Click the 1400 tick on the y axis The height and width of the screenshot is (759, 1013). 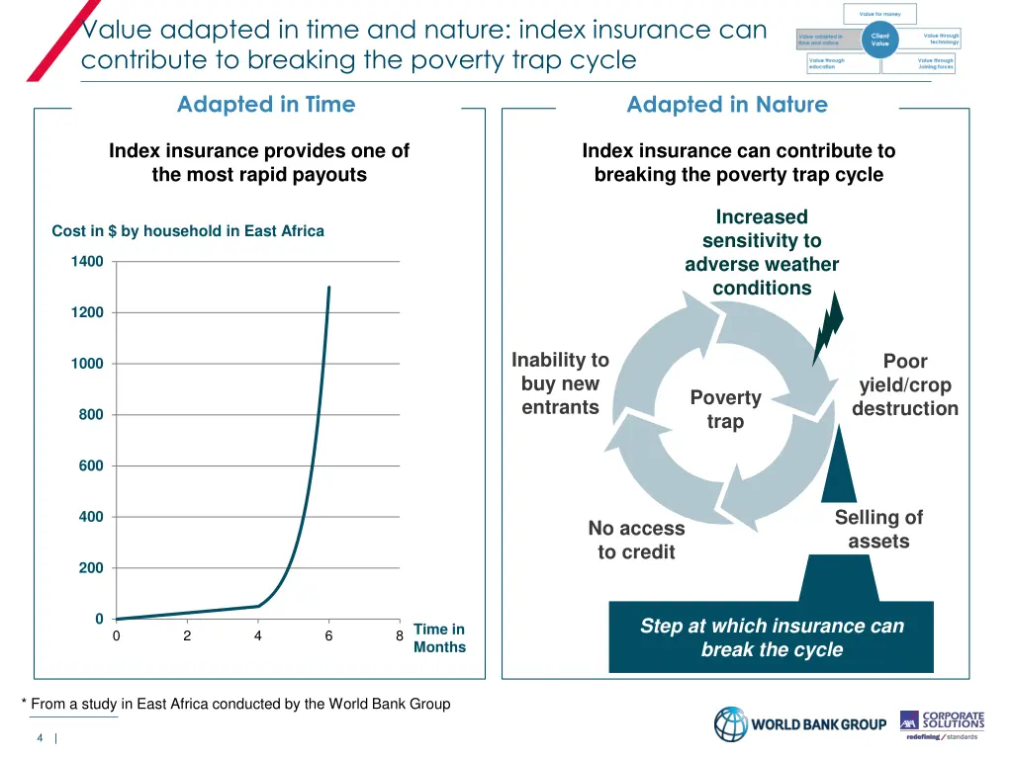[x=87, y=262]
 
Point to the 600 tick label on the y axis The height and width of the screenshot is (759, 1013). [x=91, y=465]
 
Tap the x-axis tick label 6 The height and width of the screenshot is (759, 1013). [x=328, y=636]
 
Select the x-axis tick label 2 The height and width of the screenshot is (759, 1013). [x=187, y=636]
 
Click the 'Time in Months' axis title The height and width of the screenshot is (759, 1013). [x=439, y=638]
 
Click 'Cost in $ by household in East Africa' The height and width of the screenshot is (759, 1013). [x=188, y=231]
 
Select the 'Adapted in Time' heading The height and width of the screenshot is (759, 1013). [x=266, y=105]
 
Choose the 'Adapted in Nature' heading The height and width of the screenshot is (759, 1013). [x=727, y=105]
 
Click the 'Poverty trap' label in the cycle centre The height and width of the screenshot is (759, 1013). [x=725, y=409]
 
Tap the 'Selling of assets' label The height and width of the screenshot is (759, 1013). [x=878, y=529]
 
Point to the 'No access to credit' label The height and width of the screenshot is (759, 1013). [x=636, y=540]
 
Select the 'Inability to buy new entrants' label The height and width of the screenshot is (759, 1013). [x=560, y=383]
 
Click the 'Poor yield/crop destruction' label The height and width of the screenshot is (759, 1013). [x=905, y=384]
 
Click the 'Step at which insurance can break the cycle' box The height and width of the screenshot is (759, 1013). [x=772, y=637]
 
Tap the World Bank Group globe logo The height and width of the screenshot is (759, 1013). [x=732, y=724]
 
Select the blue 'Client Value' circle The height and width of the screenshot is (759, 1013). [x=879, y=40]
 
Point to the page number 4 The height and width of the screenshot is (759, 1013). [x=40, y=738]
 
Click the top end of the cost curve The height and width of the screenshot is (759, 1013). [x=328, y=288]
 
